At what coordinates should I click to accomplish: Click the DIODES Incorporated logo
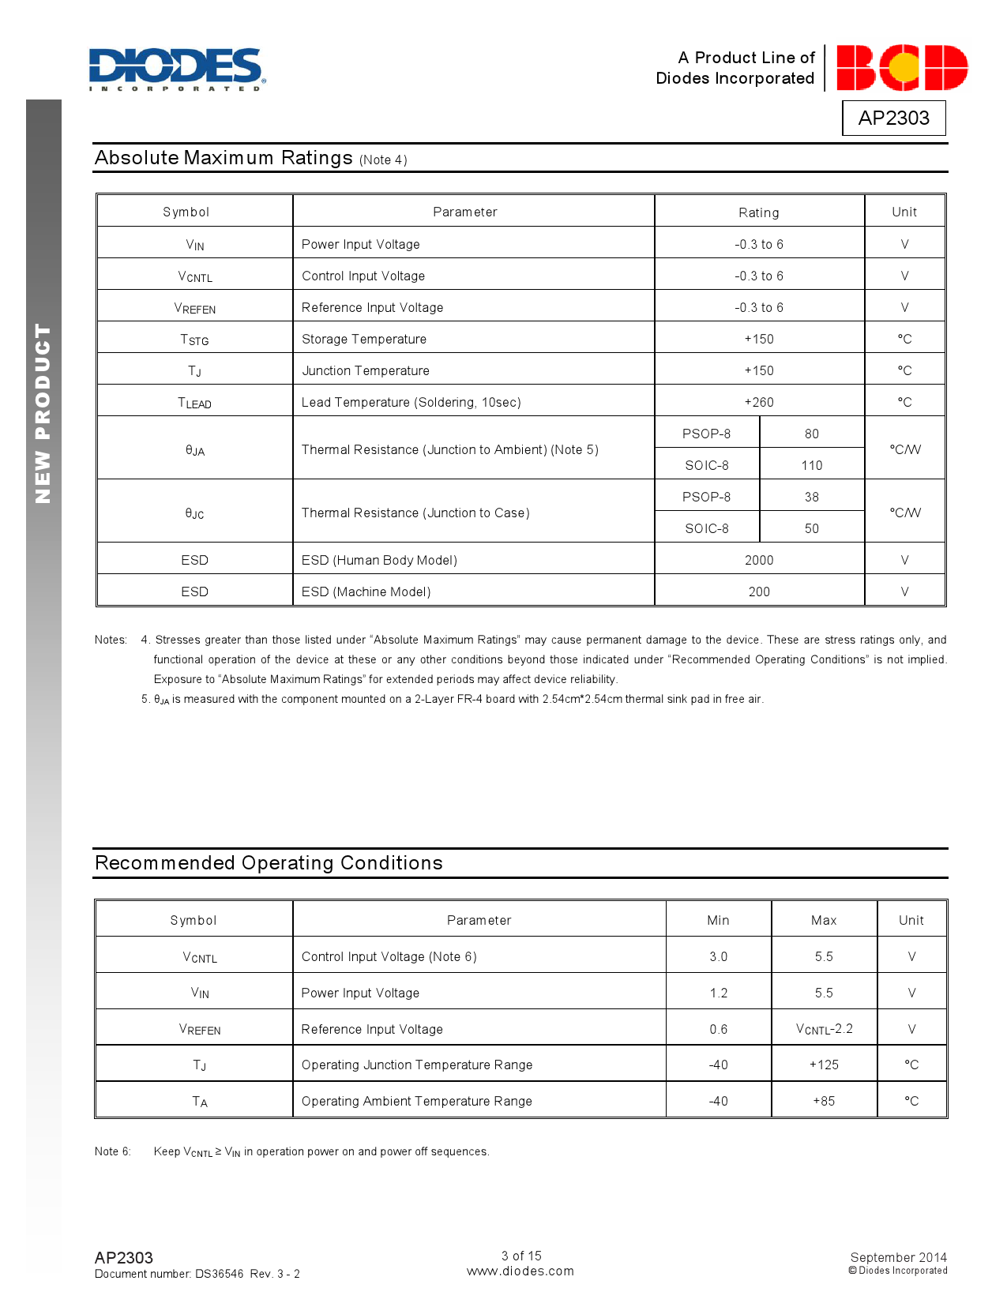click(177, 69)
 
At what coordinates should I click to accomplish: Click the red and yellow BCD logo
click(901, 68)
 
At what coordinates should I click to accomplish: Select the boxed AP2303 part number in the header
click(893, 118)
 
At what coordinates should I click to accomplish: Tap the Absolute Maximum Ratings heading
click(224, 158)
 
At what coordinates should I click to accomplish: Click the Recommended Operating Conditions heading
click(269, 862)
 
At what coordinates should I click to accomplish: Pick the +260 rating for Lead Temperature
click(759, 402)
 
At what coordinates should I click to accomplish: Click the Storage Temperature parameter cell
click(364, 339)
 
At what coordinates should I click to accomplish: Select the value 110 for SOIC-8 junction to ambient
click(811, 465)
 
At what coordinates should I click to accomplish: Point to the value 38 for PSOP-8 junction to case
click(811, 497)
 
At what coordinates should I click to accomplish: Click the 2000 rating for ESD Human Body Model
click(759, 560)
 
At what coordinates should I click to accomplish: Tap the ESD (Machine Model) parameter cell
click(366, 591)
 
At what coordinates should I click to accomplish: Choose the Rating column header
click(759, 212)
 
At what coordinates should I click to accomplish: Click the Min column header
click(718, 920)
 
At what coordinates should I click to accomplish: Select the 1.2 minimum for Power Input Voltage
click(718, 993)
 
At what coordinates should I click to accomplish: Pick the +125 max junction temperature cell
click(824, 1065)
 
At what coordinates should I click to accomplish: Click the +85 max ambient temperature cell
click(824, 1101)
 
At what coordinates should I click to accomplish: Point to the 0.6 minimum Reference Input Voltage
click(718, 1029)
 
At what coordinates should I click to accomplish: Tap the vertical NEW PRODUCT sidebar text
click(43, 413)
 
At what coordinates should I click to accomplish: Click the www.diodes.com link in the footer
click(520, 1271)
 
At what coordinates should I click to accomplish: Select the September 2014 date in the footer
click(898, 1257)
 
